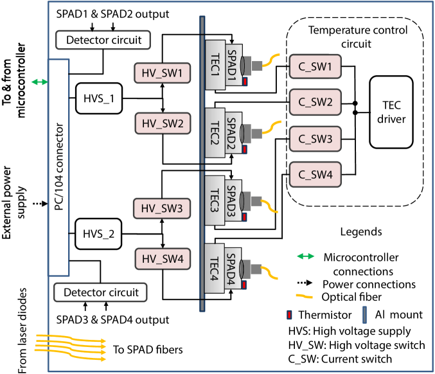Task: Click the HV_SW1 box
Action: pyautogui.click(x=163, y=73)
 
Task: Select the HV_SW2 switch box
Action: pyautogui.click(x=163, y=123)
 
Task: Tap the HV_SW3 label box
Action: pyautogui.click(x=162, y=208)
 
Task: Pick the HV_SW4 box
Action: pyautogui.click(x=163, y=259)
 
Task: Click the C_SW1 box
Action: pyautogui.click(x=315, y=66)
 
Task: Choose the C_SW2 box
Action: pyautogui.click(x=315, y=102)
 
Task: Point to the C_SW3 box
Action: pyautogui.click(x=315, y=138)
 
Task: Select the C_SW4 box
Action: pyautogui.click(x=315, y=174)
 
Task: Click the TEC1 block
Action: pyautogui.click(x=215, y=65)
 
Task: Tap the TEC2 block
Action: pyautogui.click(x=215, y=133)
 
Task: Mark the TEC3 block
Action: pyautogui.click(x=215, y=200)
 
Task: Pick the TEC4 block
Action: pyautogui.click(x=215, y=268)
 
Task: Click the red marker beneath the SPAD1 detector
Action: pyautogui.click(x=245, y=82)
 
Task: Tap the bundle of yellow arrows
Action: pyautogui.click(x=71, y=343)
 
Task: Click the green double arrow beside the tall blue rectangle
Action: pyautogui.click(x=39, y=82)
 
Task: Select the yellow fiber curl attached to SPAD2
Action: pyautogui.click(x=274, y=125)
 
